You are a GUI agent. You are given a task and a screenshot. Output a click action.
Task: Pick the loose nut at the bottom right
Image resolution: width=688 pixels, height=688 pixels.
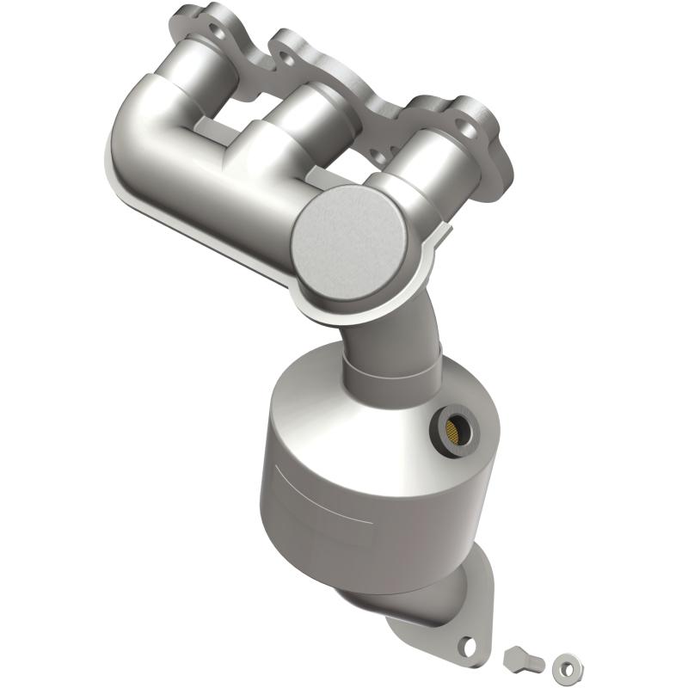tap(563, 663)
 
